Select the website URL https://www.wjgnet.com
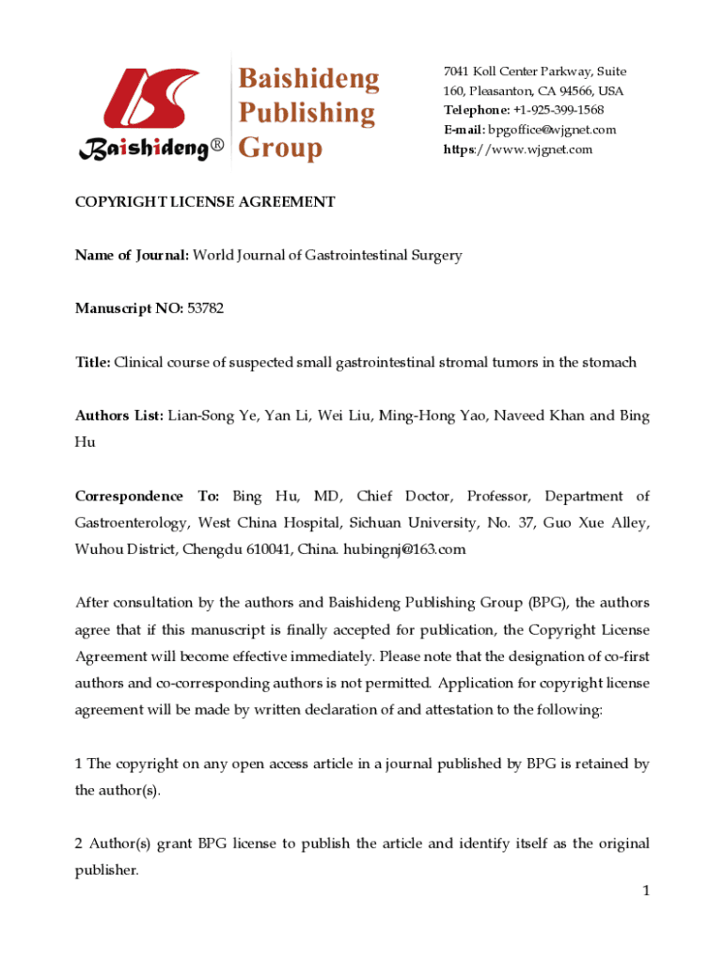click(x=518, y=150)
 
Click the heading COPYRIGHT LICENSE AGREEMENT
click(x=205, y=201)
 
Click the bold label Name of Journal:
click(x=132, y=255)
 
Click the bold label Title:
click(x=93, y=362)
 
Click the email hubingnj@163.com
click(x=404, y=549)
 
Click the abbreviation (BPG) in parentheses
click(x=547, y=603)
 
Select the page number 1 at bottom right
click(x=646, y=891)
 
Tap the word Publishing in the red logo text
click(x=306, y=113)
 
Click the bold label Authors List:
click(x=119, y=416)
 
